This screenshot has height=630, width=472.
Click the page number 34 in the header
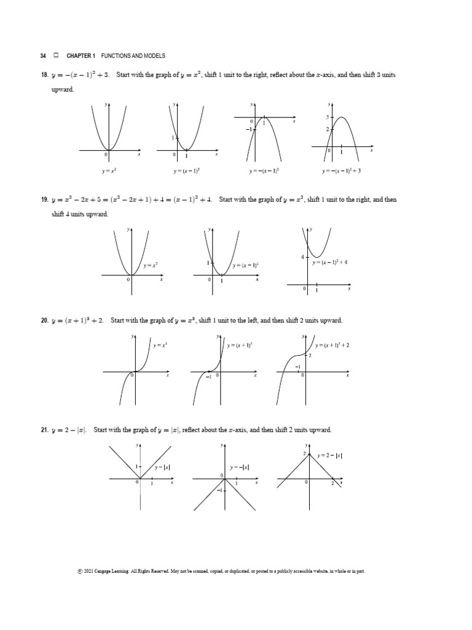coord(43,55)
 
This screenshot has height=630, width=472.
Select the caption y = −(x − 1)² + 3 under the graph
coord(342,171)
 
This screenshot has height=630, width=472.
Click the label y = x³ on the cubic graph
coord(160,346)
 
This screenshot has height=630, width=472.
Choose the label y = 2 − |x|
coord(330,456)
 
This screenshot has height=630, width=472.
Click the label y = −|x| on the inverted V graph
coord(239,468)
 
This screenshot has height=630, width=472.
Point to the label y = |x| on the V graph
coord(162,468)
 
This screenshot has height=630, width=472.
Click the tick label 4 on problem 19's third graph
coord(302,257)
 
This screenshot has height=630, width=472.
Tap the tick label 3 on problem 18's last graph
coord(327,116)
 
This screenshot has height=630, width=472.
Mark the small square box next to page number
coord(56,55)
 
